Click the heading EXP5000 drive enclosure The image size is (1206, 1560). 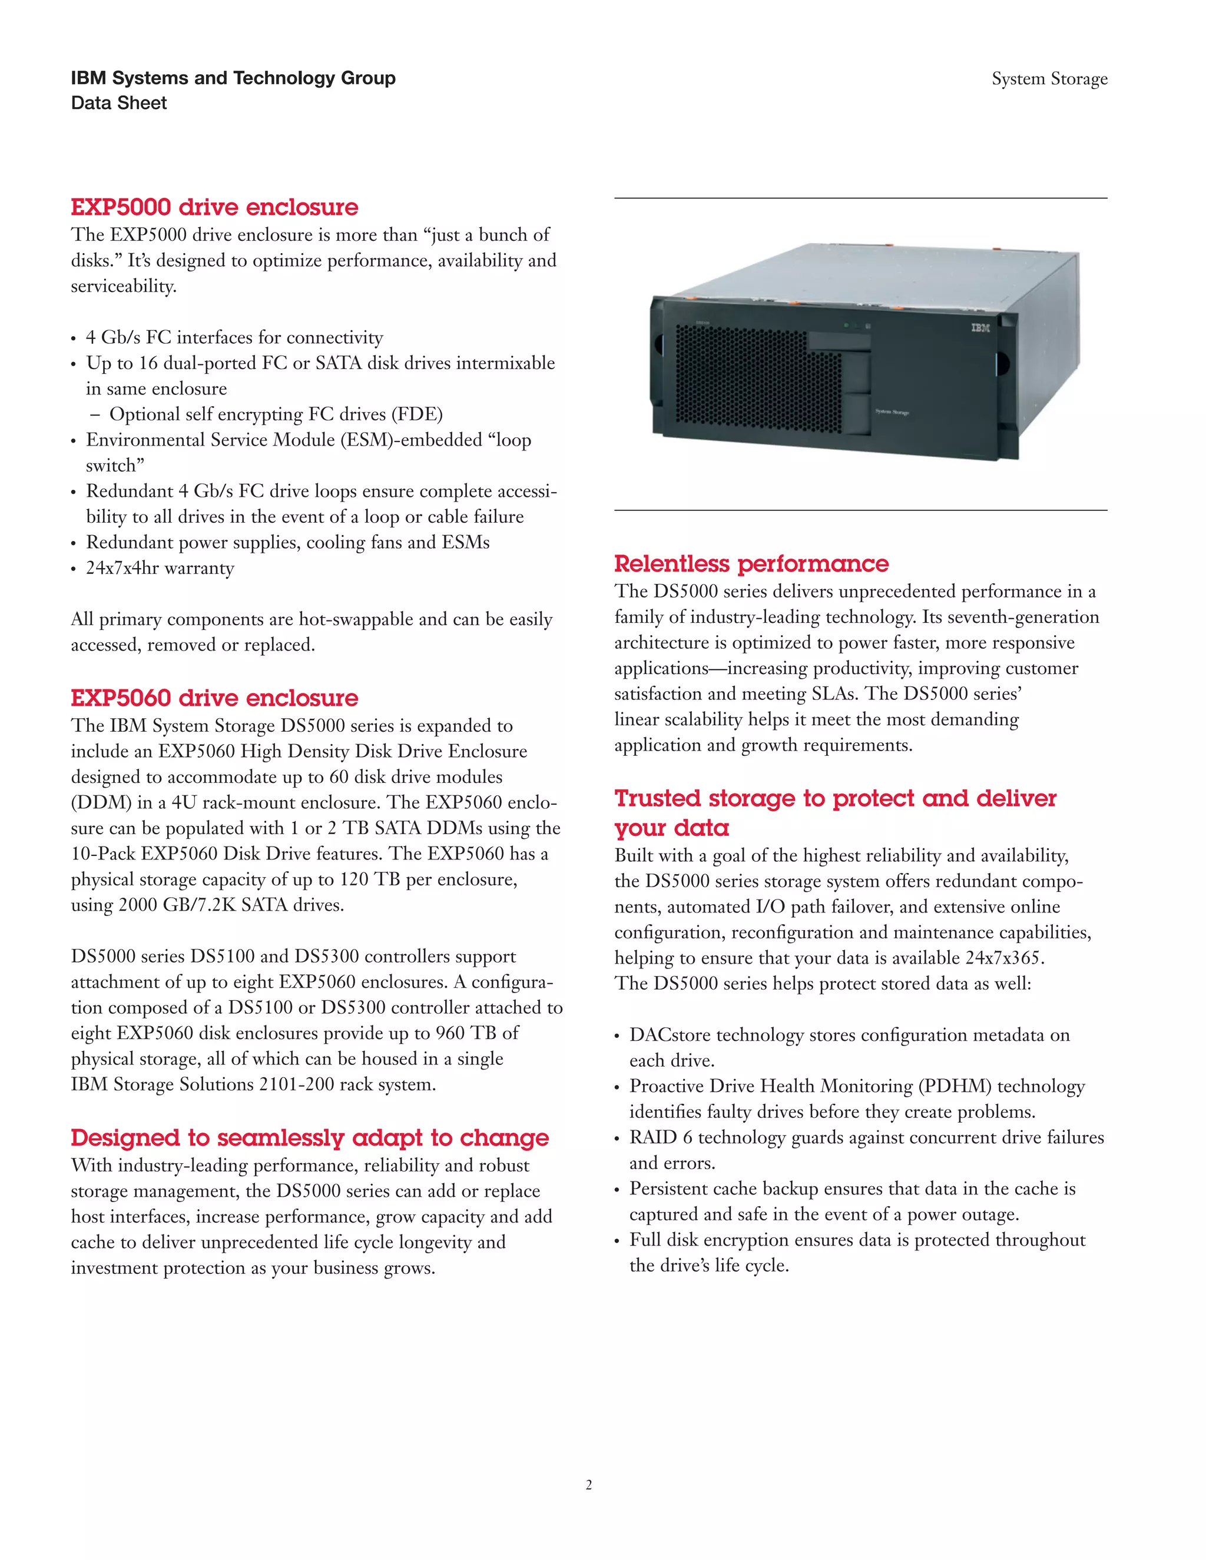[x=214, y=207]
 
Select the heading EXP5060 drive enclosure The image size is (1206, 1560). [x=214, y=698]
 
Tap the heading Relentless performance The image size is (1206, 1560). [x=751, y=563]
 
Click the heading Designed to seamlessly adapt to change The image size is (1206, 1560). [x=309, y=1137]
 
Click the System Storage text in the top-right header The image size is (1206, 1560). [x=1049, y=78]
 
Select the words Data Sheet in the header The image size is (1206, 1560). [x=118, y=104]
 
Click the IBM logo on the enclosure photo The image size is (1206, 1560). [x=980, y=328]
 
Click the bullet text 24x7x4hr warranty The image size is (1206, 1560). [x=160, y=569]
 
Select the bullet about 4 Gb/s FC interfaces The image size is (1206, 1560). [x=234, y=338]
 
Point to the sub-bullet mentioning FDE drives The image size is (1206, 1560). [x=275, y=415]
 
